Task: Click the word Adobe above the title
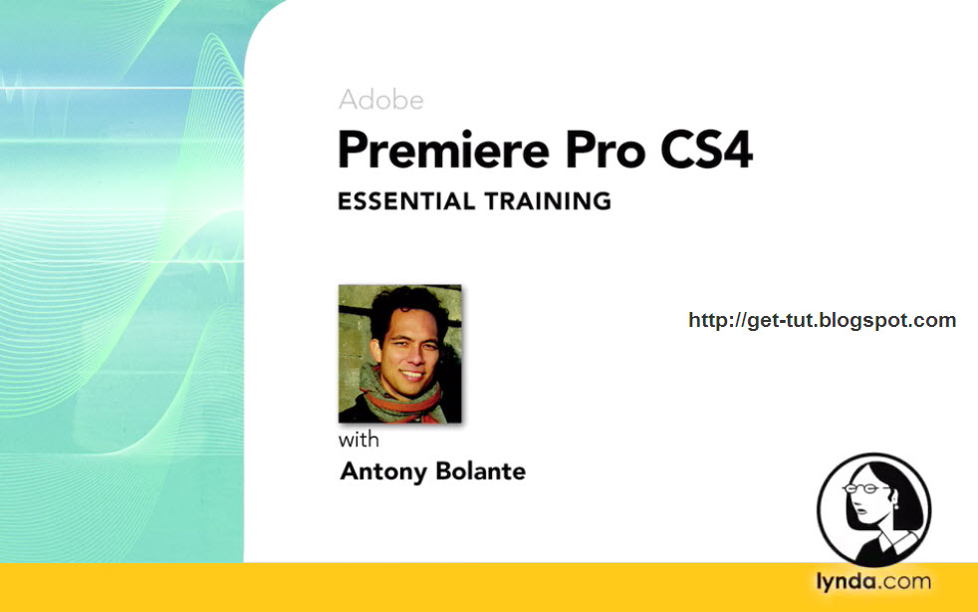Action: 381,100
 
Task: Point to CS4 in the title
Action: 706,150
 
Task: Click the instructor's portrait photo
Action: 399,354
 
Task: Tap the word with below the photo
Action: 359,440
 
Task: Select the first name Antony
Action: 383,471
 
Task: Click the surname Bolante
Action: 480,470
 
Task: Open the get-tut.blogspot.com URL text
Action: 822,320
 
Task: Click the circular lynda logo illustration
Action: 873,509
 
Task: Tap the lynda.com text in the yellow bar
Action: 873,581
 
